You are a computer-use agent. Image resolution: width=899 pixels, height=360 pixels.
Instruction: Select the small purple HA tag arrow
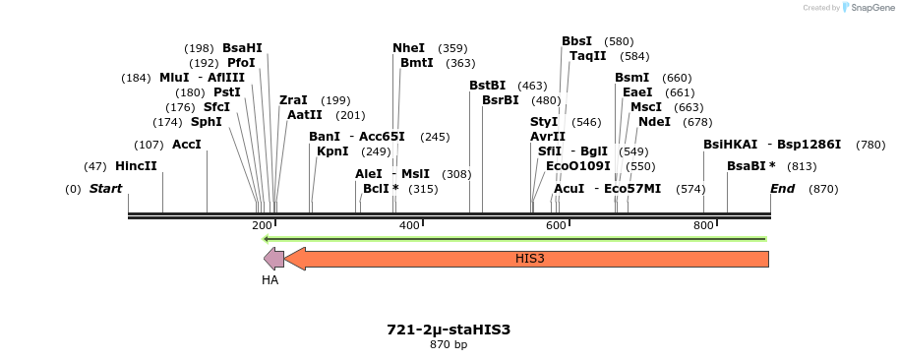(x=273, y=259)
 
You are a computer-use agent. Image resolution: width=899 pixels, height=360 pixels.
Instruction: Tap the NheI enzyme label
(x=408, y=47)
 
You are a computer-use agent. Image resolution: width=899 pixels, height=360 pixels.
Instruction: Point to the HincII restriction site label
(x=136, y=166)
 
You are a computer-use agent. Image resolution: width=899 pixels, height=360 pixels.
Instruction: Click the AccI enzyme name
(x=186, y=145)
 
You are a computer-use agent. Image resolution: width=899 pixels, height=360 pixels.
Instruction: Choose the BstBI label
(x=487, y=86)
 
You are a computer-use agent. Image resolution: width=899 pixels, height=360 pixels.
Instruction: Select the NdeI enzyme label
(x=654, y=122)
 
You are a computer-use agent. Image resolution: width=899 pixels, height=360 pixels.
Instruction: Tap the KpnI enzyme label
(x=332, y=151)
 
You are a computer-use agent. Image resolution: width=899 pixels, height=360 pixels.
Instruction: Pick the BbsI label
(x=576, y=41)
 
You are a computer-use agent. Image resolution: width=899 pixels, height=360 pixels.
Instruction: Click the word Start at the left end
(x=105, y=188)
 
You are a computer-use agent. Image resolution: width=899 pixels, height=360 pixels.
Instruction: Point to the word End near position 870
(x=782, y=188)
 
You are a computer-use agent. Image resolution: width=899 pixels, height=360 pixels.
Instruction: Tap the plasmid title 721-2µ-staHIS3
(x=449, y=330)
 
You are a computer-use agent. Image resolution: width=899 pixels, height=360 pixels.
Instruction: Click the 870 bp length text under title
(x=449, y=344)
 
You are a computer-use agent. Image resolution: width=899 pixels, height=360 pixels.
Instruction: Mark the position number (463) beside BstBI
(x=532, y=86)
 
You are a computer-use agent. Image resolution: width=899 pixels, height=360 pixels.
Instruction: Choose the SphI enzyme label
(x=206, y=122)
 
